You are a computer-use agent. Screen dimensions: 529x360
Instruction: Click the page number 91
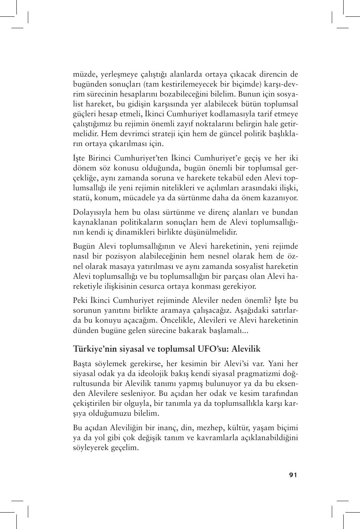point(293,475)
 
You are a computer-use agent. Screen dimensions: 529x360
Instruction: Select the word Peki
point(80,300)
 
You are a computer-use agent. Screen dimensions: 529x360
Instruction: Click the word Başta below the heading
point(82,363)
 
